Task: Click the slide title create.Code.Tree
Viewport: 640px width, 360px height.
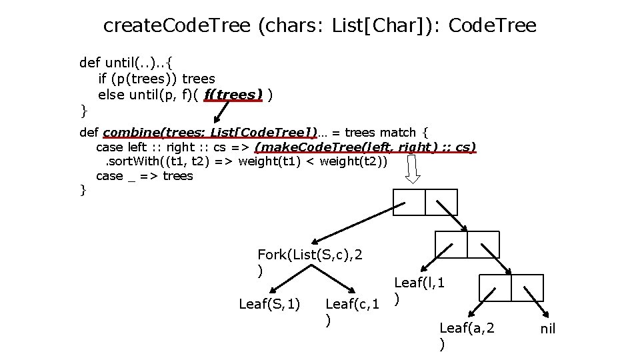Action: click(x=320, y=26)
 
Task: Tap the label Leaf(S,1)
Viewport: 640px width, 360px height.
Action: click(x=269, y=305)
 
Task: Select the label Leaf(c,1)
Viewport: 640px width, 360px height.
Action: click(x=352, y=305)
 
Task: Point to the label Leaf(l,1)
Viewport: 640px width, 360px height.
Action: click(x=420, y=283)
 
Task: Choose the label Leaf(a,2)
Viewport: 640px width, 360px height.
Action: click(x=467, y=328)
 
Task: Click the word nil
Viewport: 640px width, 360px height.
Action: click(x=547, y=329)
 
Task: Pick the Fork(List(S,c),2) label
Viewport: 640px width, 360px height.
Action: click(x=310, y=255)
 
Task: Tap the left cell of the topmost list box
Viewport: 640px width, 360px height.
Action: click(x=409, y=202)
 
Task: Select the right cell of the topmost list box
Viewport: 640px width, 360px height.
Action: click(x=441, y=202)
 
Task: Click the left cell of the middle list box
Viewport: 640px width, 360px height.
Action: click(x=451, y=244)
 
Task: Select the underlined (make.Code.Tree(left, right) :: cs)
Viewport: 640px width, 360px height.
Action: click(x=365, y=147)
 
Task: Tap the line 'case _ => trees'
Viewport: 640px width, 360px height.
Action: click(x=145, y=176)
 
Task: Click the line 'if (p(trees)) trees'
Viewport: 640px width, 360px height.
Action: click(x=157, y=79)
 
